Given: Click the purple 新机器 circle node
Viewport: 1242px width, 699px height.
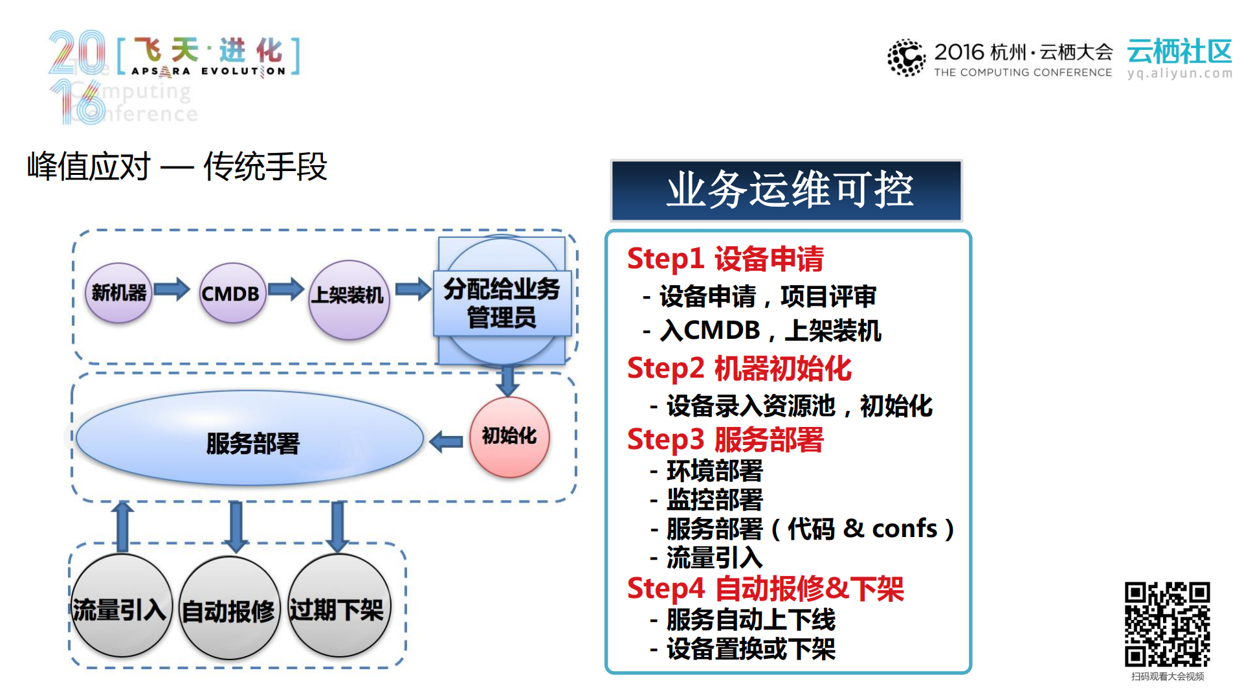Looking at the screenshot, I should click(118, 293).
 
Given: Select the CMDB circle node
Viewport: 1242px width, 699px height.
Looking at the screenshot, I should click(232, 293).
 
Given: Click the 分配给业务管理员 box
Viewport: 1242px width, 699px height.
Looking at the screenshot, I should click(502, 303).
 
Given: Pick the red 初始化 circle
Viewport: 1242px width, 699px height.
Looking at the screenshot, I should click(509, 437).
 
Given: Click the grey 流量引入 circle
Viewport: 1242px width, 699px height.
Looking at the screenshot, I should click(120, 608).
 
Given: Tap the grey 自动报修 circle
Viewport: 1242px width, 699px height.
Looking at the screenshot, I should click(228, 609).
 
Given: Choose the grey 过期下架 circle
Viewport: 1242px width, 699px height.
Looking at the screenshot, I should click(337, 608).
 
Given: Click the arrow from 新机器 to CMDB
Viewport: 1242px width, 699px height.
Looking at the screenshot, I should click(172, 289).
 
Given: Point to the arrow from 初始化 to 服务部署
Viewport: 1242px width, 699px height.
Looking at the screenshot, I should click(446, 441).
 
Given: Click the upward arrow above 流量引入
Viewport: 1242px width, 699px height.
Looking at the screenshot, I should click(122, 525).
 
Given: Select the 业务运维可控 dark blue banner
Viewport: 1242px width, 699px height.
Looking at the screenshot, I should click(786, 190).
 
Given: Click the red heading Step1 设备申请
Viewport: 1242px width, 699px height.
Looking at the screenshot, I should click(725, 258).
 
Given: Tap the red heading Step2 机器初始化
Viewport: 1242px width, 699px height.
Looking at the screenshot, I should click(738, 368).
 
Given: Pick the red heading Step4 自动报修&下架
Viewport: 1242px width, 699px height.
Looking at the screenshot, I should click(765, 588).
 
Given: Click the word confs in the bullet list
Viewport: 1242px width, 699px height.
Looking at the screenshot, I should click(904, 529).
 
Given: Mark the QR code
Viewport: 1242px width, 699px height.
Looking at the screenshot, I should click(1167, 624).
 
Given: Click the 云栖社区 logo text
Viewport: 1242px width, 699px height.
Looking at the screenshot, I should click(1179, 52).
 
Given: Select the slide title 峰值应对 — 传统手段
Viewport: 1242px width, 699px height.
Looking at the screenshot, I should click(177, 166).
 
